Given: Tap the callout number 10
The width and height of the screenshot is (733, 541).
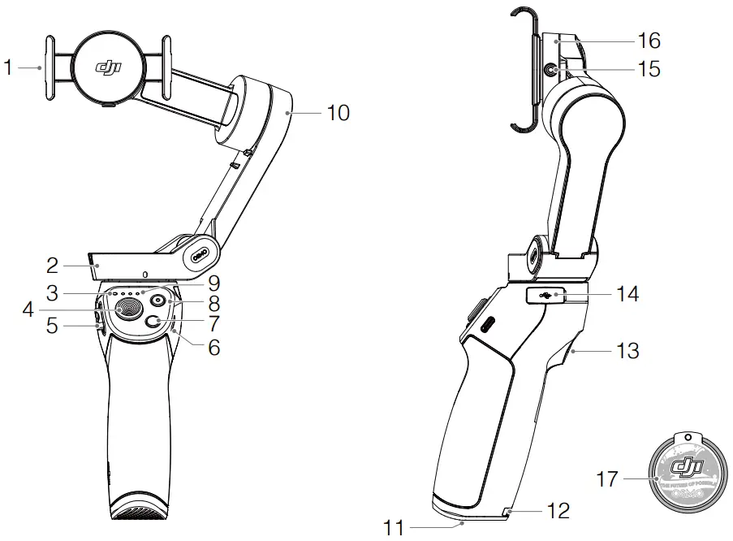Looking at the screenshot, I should click(338, 113).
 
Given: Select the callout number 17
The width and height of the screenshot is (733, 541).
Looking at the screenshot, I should click(607, 479).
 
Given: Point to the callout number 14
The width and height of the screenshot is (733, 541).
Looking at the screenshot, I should click(627, 293).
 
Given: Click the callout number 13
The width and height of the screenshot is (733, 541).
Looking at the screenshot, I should click(627, 351).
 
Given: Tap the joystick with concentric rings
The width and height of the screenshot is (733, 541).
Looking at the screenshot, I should click(128, 308).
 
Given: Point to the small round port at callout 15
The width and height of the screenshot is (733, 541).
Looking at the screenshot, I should click(552, 71).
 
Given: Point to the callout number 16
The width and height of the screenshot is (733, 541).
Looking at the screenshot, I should click(649, 40).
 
